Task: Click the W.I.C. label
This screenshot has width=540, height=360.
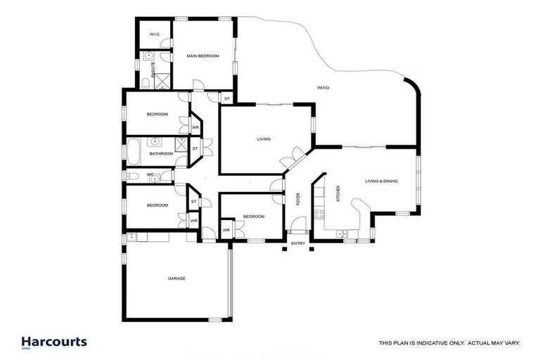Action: tap(155, 34)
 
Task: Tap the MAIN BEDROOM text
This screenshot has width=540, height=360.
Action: tap(202, 56)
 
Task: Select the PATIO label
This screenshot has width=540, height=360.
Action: tap(323, 88)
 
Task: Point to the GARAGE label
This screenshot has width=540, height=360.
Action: tap(176, 278)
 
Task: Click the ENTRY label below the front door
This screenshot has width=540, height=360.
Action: tap(298, 243)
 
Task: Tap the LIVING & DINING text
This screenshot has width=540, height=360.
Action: tap(381, 181)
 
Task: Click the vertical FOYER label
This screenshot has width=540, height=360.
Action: tap(298, 199)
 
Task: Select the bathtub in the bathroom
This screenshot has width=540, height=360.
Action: tap(133, 152)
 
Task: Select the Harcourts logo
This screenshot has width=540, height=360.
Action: tap(54, 342)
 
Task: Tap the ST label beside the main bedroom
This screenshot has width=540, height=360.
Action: tap(226, 100)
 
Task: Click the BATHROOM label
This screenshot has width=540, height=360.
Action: tap(161, 153)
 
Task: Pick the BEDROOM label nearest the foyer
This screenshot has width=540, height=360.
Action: tap(253, 217)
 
